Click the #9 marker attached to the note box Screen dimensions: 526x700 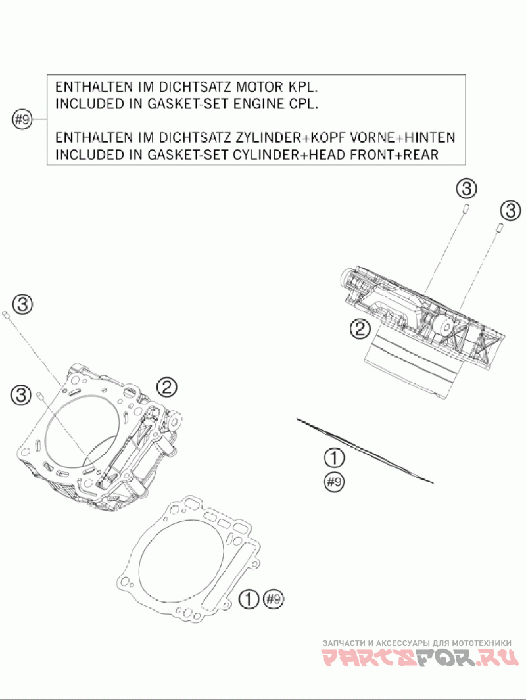click(x=22, y=120)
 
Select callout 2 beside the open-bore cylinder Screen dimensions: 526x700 click(x=166, y=388)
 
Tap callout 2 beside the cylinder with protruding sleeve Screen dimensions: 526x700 click(x=359, y=329)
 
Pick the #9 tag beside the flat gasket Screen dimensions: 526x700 click(x=273, y=599)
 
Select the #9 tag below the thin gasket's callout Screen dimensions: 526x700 click(x=335, y=482)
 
